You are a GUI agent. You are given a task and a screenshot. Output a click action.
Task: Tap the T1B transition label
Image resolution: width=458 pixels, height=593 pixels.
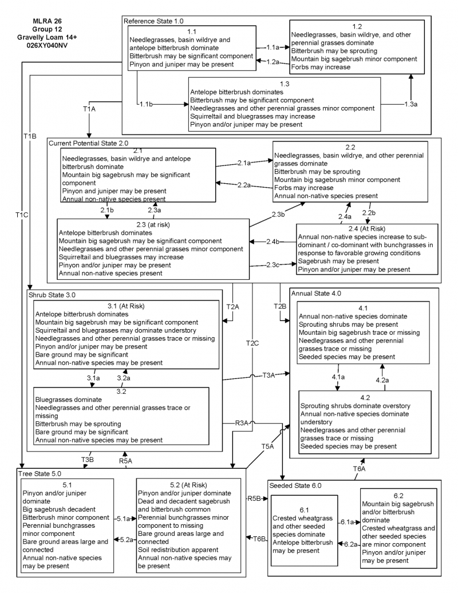click(30, 135)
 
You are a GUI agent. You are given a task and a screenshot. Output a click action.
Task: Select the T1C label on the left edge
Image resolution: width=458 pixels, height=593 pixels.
click(22, 215)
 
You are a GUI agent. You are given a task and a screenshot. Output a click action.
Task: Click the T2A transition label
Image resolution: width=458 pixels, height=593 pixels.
click(233, 307)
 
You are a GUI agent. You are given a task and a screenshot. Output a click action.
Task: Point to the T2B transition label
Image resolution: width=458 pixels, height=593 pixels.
click(279, 307)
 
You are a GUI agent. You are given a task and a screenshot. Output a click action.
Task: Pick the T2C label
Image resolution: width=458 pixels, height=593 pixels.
click(252, 343)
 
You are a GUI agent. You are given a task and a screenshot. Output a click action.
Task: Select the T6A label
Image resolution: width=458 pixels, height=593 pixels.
click(359, 468)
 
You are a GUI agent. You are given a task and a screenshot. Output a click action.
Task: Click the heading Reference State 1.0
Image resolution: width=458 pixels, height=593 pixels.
click(155, 21)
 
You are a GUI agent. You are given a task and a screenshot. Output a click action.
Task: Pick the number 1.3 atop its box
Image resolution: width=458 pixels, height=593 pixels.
click(285, 84)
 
